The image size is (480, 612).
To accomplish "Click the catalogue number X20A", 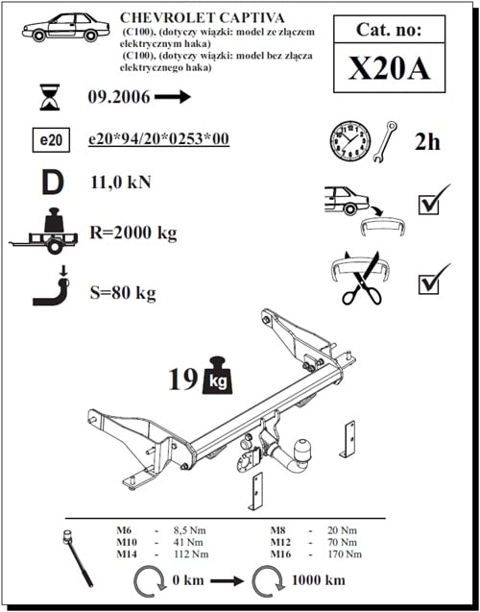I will [x=389, y=69].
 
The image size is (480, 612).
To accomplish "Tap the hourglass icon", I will [x=48, y=97].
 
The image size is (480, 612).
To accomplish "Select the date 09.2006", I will [x=119, y=97].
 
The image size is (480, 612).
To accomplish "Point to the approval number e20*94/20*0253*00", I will [x=158, y=140].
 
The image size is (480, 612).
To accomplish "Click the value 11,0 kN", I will [x=120, y=182].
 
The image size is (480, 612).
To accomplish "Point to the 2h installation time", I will [x=427, y=142].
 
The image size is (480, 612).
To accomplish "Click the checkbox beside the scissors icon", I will [x=434, y=282].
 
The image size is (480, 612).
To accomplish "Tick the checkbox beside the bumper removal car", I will [x=434, y=203].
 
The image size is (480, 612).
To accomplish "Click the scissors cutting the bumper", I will [x=362, y=278].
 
